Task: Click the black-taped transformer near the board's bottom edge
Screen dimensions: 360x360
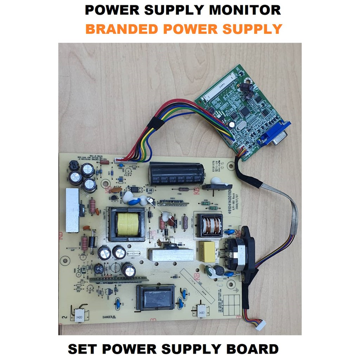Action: click(x=155, y=297)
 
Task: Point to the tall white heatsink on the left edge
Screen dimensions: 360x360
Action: click(x=72, y=210)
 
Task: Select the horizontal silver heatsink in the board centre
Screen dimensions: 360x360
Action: click(x=171, y=254)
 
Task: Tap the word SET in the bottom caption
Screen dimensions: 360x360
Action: click(x=84, y=349)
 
